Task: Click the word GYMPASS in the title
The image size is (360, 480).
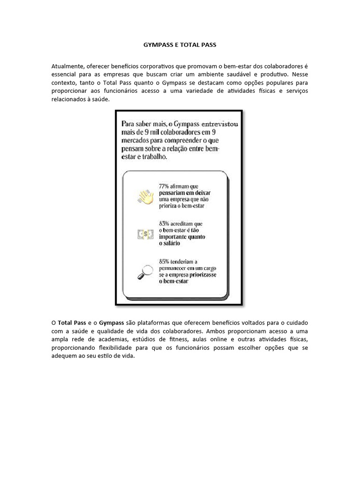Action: [x=158, y=45]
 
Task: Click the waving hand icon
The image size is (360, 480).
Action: [x=146, y=195]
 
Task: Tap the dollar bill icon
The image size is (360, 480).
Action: [x=146, y=234]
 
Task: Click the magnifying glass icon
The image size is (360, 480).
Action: [x=145, y=271]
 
